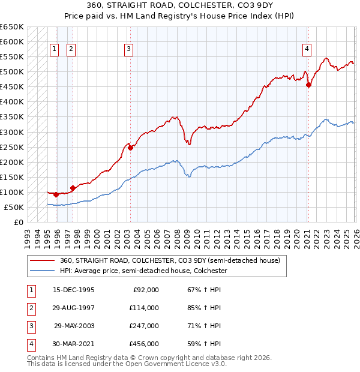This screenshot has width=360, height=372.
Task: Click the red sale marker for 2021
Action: [x=308, y=85]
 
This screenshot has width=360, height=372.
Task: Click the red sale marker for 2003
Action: [x=130, y=148]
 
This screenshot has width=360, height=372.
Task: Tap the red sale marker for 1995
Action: [x=56, y=194]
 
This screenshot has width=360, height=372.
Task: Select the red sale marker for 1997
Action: [x=73, y=188]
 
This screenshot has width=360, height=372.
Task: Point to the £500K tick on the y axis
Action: [x=12, y=72]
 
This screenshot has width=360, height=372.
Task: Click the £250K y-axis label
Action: [x=12, y=147]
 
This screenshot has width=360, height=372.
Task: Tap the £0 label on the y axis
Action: [x=19, y=223]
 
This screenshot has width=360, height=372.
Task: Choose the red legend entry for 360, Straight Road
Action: [x=169, y=260]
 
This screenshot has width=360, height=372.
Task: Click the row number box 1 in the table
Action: [x=29, y=289]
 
